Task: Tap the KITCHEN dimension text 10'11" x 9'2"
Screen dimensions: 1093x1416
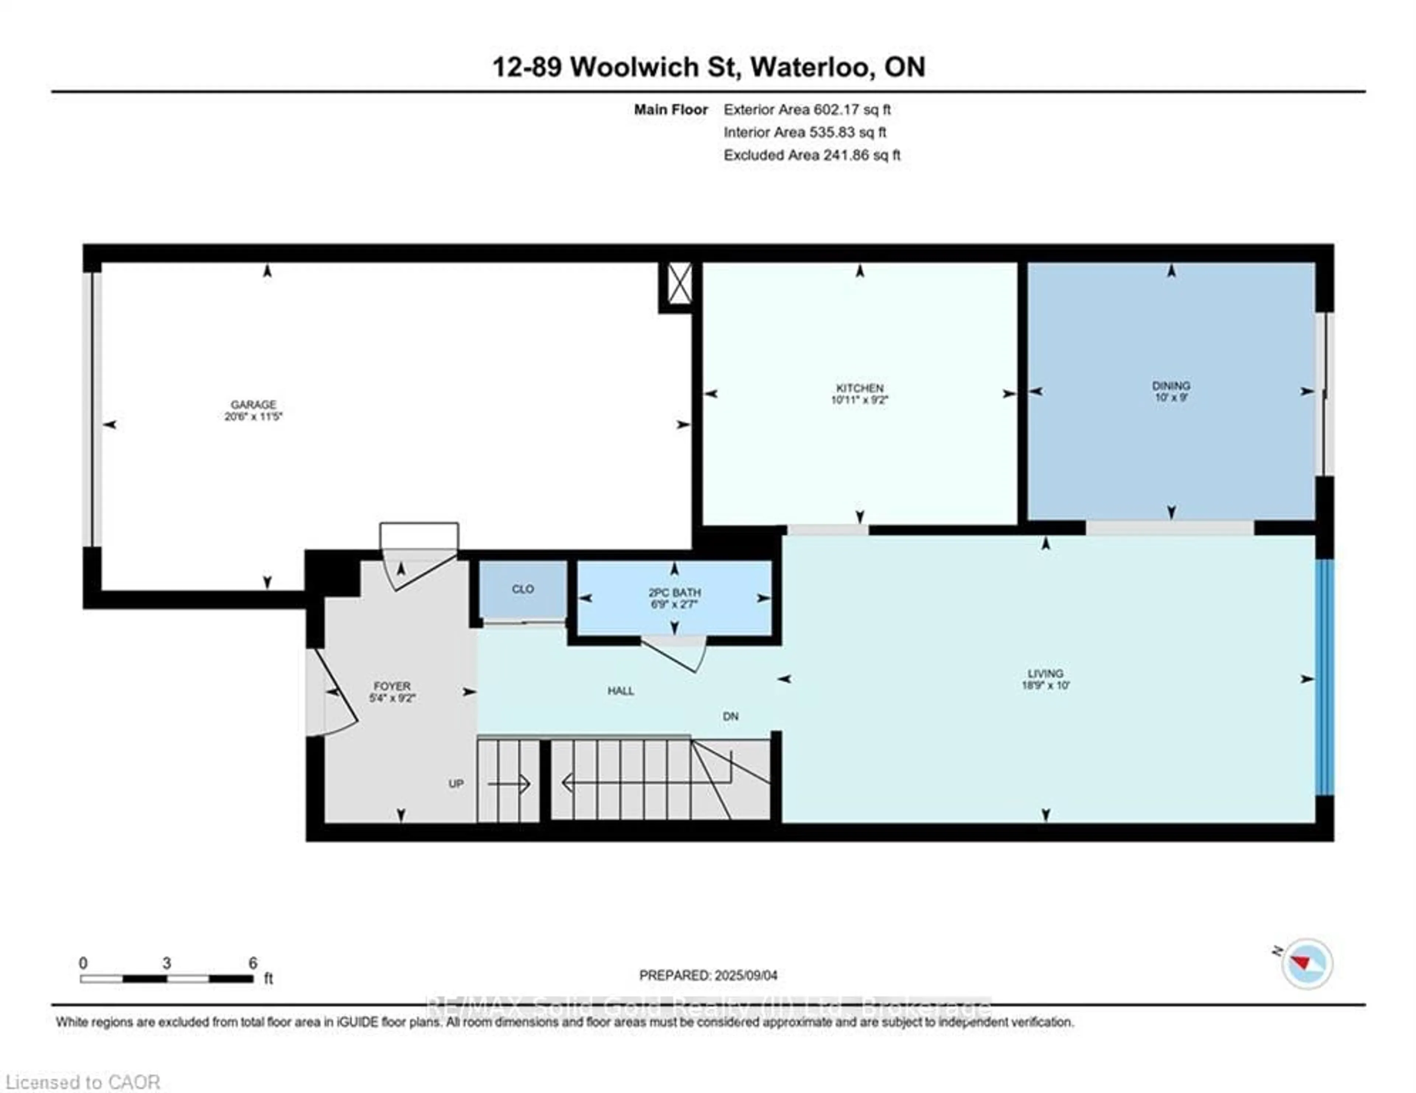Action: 859,400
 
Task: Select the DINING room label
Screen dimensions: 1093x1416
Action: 1171,386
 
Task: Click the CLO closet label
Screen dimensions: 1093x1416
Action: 523,589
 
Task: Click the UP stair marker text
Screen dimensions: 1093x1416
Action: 456,784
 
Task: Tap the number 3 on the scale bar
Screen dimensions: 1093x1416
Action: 167,963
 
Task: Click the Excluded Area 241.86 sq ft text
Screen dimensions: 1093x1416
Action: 812,155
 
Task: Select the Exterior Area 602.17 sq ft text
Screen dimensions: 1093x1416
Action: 806,110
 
